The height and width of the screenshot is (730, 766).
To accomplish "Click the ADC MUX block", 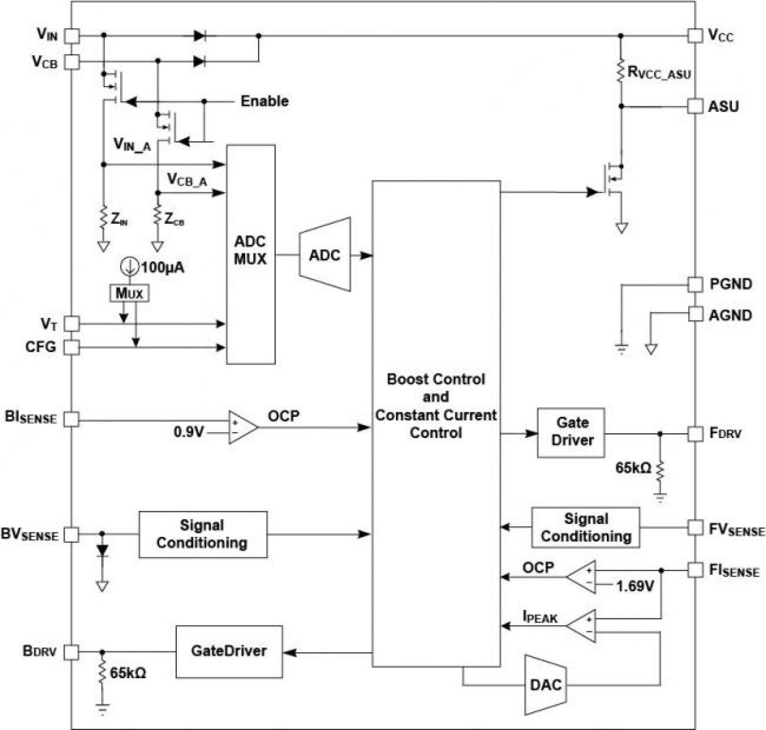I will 251,255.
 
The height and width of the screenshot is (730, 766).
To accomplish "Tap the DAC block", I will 545,684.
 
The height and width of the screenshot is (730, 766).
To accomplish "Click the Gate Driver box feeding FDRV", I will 571,433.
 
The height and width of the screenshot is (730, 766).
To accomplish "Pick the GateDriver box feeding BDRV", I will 229,651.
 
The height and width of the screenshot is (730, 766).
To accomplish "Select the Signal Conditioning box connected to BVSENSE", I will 202,534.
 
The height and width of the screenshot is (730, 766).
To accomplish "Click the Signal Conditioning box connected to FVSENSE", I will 585,528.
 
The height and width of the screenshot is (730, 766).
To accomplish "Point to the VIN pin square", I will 72,35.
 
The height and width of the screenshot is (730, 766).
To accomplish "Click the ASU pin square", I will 695,106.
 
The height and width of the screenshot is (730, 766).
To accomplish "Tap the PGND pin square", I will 695,284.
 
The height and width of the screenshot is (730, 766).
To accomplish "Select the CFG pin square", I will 72,347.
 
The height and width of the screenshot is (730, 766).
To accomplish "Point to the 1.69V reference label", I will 635,586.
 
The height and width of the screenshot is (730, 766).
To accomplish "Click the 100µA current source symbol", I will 129,266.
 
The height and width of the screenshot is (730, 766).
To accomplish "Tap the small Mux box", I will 129,294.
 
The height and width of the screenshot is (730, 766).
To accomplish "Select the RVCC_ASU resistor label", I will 659,74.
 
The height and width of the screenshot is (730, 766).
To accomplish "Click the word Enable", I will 264,101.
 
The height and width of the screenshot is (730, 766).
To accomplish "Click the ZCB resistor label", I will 174,221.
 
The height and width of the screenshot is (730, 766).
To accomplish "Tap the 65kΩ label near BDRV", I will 127,673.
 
